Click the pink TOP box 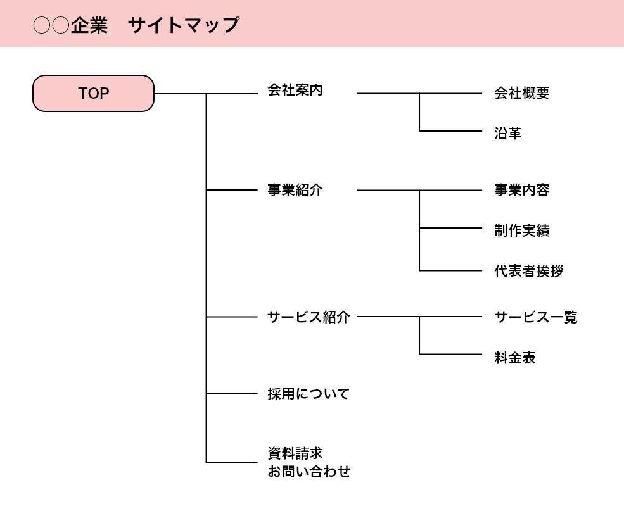point(93,94)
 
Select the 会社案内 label point(295,90)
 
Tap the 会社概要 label point(521,94)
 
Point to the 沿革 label point(507,134)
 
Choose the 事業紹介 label point(295,190)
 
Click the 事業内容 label point(521,190)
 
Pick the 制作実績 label point(521,230)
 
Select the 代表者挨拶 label point(528,272)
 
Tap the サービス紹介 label point(309,317)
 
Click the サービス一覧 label point(535,317)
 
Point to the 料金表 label point(514,358)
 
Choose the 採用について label point(309,394)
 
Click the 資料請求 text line point(295,453)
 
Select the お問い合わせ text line point(309,472)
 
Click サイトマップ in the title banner point(184,25)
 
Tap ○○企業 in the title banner point(70,25)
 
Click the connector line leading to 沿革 point(450,131)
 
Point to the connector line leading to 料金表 point(450,354)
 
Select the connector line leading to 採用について point(232,394)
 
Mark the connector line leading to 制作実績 point(450,228)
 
